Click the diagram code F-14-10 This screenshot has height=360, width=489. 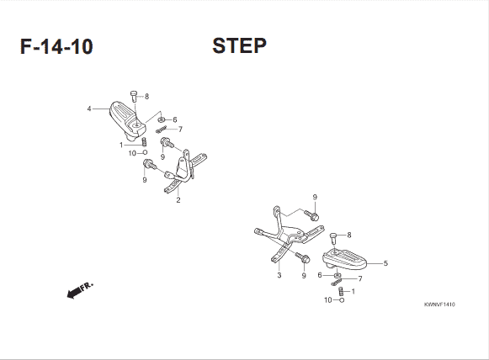point(56,46)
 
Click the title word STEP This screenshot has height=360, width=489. point(239,45)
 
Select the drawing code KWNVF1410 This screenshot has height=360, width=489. point(439,304)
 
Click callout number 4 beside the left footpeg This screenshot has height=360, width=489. point(89,109)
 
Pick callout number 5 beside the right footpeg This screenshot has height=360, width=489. point(385,263)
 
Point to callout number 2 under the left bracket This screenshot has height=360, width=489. point(178,200)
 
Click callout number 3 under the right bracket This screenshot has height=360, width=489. point(279,275)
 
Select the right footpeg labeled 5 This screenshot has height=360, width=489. point(344,259)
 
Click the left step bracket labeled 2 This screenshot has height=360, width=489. point(185,171)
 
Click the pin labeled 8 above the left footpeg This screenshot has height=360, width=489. point(134,96)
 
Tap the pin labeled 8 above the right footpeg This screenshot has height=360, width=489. point(333,239)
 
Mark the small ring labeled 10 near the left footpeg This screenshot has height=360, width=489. point(145,152)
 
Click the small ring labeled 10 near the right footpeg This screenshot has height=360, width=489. point(342,300)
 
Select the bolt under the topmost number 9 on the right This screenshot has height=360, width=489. point(311,215)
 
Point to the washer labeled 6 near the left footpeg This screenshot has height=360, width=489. point(162,119)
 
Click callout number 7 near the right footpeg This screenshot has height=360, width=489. point(360,278)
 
